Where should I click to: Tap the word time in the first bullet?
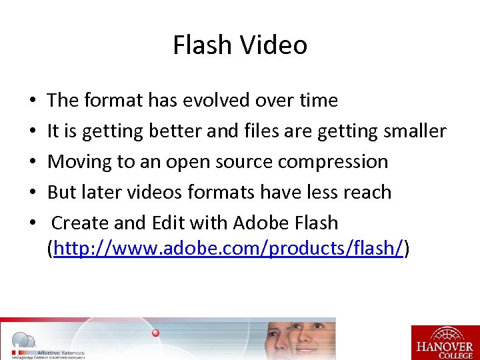pyautogui.click(x=319, y=100)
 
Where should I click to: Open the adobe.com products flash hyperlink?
pyautogui.click(x=228, y=249)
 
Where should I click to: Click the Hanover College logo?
pyautogui.click(x=445, y=342)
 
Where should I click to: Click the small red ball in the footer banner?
pyautogui.click(x=156, y=332)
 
